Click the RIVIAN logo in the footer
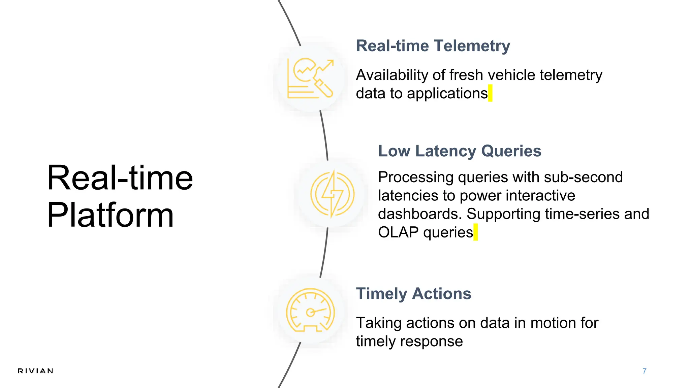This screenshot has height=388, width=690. point(35,371)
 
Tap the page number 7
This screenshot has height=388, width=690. point(644,371)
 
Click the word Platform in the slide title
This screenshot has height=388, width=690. point(110,215)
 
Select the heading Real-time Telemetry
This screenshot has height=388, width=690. point(433,46)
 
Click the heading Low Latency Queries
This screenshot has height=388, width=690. point(460,151)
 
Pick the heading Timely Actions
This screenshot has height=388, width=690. point(413,294)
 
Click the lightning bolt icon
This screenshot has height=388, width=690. point(332,194)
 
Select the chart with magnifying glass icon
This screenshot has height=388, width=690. point(310,78)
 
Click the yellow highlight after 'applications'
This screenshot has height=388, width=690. point(490,93)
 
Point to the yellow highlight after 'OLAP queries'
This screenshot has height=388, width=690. point(475,232)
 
